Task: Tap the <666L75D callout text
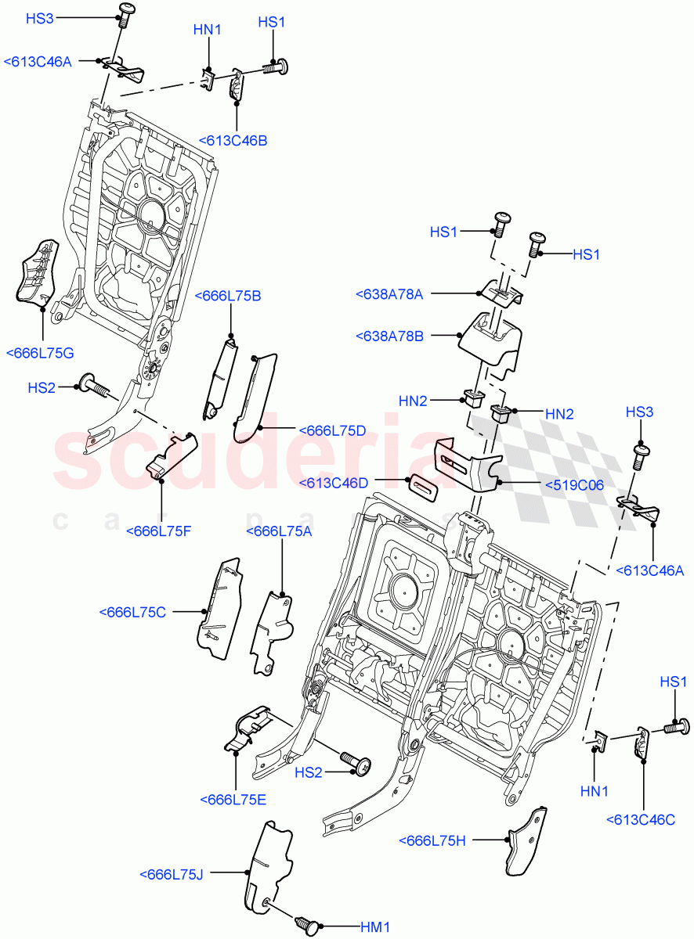pos(332,430)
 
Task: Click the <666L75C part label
pos(133,612)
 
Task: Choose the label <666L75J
pos(171,874)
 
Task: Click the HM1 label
pos(374,927)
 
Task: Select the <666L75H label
pos(432,840)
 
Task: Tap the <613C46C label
pos(641,819)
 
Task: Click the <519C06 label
pos(574,485)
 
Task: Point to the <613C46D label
pos(333,484)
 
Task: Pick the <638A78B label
pos(389,336)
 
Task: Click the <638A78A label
pos(389,294)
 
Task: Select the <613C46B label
pos(233,141)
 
